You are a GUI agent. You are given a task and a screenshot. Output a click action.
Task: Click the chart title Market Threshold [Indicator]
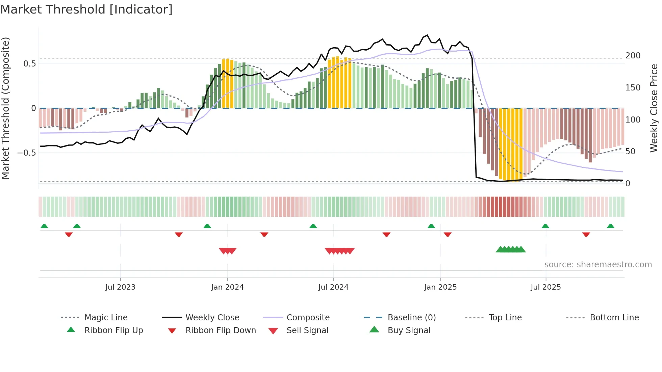86,9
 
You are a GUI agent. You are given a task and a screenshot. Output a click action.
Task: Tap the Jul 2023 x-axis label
120,287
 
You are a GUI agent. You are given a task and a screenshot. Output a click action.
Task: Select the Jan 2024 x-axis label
227,287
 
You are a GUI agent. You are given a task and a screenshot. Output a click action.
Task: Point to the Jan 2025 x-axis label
440,287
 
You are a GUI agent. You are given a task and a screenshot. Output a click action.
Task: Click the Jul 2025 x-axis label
545,287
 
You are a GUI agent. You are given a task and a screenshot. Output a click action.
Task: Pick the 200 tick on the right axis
633,56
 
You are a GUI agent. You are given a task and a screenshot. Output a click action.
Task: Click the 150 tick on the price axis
633,88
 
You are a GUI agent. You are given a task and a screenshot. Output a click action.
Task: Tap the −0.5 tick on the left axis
27,153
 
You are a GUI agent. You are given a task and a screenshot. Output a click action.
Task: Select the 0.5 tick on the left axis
29,64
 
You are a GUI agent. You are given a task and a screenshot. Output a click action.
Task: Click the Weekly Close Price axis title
654,108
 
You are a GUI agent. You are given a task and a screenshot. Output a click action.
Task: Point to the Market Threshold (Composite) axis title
5,108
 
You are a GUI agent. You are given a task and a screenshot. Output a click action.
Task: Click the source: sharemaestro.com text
598,265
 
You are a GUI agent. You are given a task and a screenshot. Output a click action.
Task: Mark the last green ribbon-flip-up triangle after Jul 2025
610,226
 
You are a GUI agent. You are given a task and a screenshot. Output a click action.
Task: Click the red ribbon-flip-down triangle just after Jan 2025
448,234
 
